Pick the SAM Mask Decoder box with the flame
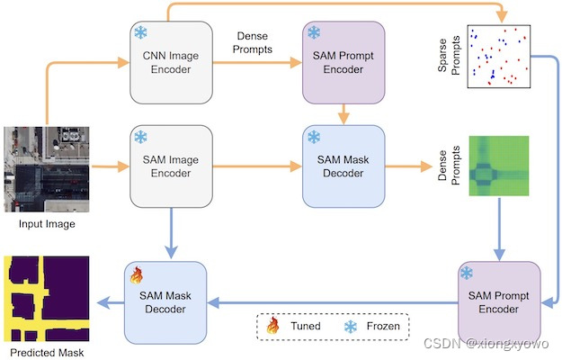(x=164, y=302)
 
